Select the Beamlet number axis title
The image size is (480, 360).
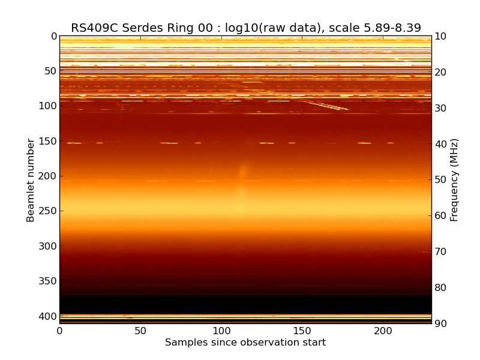[x=31, y=180]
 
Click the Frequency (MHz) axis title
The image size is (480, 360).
[x=455, y=180]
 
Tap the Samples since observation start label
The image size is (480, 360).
[x=245, y=343]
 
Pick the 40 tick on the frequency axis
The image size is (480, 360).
[x=439, y=144]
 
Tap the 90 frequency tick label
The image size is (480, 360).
[x=439, y=324]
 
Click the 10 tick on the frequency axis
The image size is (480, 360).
[x=439, y=37]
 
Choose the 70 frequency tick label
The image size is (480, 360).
[x=439, y=252]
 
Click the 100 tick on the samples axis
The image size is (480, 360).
[x=221, y=331]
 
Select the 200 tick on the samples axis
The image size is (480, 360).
[x=383, y=331]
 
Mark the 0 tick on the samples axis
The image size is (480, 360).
[x=59, y=331]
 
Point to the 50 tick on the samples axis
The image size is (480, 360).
[x=140, y=331]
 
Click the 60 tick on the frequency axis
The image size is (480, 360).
[x=439, y=216]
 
